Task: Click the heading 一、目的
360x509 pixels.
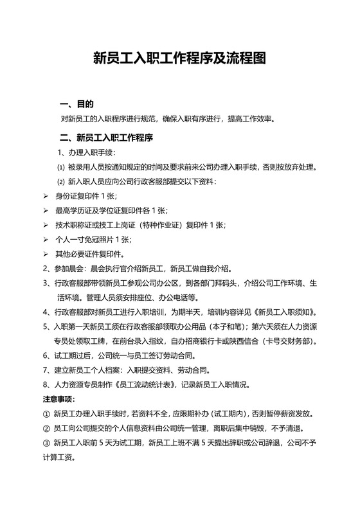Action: [76, 104]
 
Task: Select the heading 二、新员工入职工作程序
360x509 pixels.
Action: [105, 137]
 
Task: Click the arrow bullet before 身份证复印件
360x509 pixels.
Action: [46, 195]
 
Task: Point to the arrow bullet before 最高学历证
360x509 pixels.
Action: [46, 210]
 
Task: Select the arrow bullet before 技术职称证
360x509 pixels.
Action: [46, 225]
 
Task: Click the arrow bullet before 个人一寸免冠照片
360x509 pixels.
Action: [46, 240]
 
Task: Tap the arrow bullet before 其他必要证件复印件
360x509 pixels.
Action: [46, 254]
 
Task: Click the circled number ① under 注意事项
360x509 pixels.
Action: [46, 415]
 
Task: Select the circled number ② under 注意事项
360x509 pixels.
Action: [46, 429]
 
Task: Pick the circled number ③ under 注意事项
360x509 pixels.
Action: [46, 443]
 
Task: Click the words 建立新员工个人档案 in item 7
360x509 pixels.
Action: [87, 371]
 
